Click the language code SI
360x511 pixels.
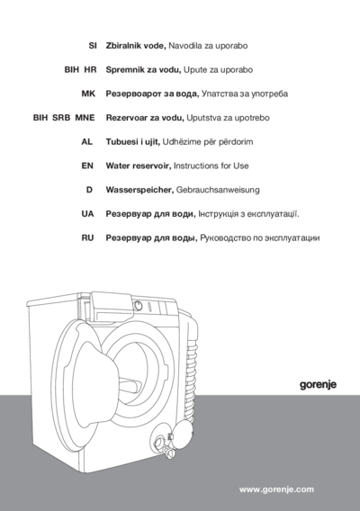[91, 44]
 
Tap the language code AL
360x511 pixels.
[88, 142]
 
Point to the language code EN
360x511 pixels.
[88, 166]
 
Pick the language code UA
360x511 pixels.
[88, 215]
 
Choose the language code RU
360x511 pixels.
[88, 239]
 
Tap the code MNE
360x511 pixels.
[84, 118]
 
